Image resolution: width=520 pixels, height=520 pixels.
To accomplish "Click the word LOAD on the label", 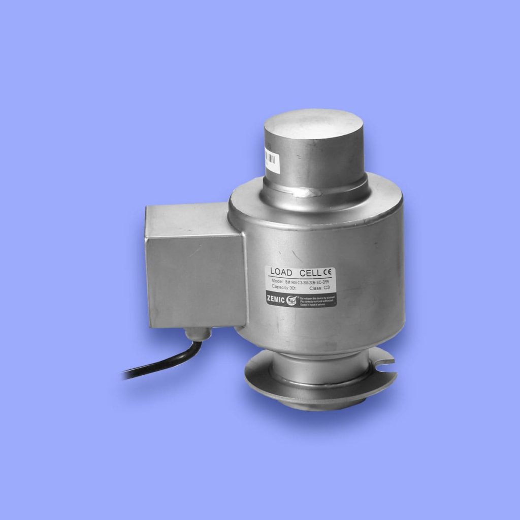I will click(281, 273).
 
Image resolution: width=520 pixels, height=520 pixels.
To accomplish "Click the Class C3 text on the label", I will click(320, 287).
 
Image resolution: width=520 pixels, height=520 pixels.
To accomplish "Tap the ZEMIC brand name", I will click(276, 299).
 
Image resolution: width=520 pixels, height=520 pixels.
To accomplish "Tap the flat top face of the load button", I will click(313, 125).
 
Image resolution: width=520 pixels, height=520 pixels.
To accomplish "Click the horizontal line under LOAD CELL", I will click(300, 278).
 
